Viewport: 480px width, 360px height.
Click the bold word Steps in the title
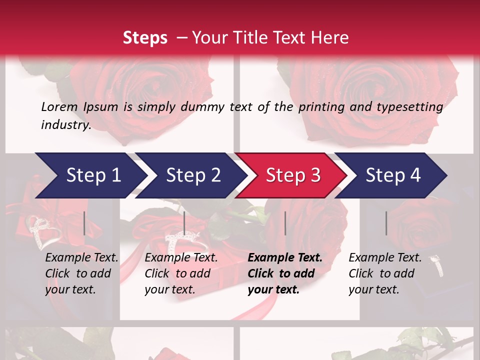click(145, 37)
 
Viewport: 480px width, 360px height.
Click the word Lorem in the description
click(59, 106)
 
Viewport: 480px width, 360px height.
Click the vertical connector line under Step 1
click(84, 223)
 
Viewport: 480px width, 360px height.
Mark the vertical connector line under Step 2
click(184, 223)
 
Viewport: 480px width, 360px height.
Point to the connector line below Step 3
click(285, 223)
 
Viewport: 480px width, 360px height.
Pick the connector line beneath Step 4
click(386, 223)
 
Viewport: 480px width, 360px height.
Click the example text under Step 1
click(81, 273)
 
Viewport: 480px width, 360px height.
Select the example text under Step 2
click(181, 273)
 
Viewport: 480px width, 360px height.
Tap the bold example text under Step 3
click(285, 273)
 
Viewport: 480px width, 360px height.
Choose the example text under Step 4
click(385, 273)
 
